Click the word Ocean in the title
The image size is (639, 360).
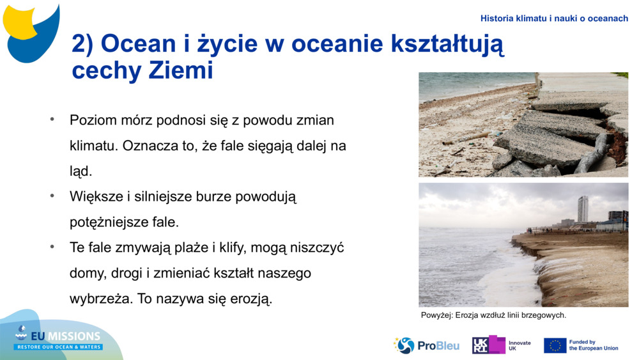click(x=129, y=44)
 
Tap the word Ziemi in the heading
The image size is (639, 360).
click(x=181, y=71)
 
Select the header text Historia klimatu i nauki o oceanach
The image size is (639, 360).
click(x=554, y=19)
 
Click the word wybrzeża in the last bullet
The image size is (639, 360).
click(x=97, y=299)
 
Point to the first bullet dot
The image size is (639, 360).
click(x=52, y=120)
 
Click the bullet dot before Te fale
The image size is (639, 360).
click(x=52, y=247)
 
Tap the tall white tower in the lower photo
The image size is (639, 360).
click(x=583, y=210)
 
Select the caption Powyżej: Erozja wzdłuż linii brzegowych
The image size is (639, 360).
click(x=493, y=315)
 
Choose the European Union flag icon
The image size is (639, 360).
click(x=555, y=345)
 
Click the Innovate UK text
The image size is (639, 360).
click(x=520, y=345)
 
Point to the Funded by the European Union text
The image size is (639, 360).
click(x=593, y=345)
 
